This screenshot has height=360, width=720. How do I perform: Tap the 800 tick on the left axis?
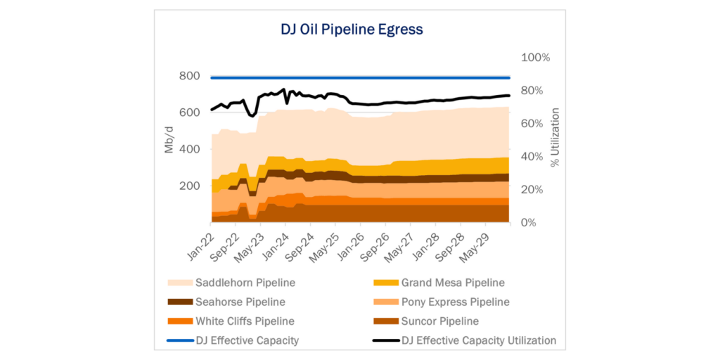(191, 76)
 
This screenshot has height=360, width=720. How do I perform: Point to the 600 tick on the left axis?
(191, 112)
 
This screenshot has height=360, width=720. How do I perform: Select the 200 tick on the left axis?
(191, 186)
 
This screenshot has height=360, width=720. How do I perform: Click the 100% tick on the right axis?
(535, 57)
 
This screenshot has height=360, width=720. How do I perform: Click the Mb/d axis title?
(169, 139)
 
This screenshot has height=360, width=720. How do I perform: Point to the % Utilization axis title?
(555, 138)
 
